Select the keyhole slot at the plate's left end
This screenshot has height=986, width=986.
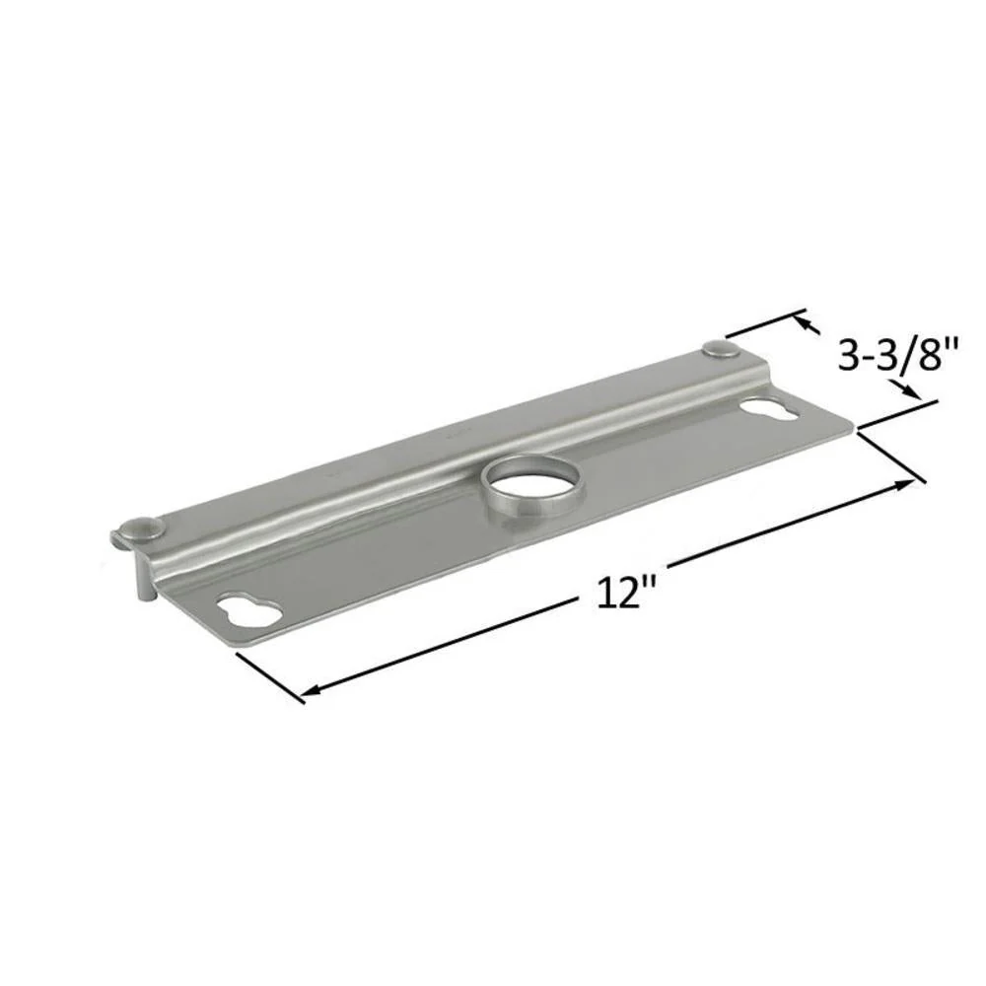249,608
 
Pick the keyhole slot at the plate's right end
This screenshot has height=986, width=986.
770,410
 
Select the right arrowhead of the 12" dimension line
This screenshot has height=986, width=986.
905,483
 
